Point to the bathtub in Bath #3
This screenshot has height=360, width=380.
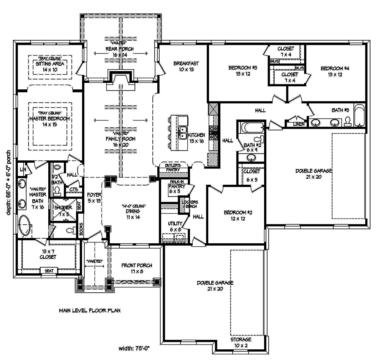[x=359, y=115]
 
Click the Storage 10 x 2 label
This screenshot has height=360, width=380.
[x=241, y=342]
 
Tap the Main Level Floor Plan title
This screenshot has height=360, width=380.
[x=90, y=310]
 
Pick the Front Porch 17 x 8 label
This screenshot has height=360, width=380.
[x=137, y=268]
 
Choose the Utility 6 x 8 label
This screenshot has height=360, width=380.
[x=176, y=227]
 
